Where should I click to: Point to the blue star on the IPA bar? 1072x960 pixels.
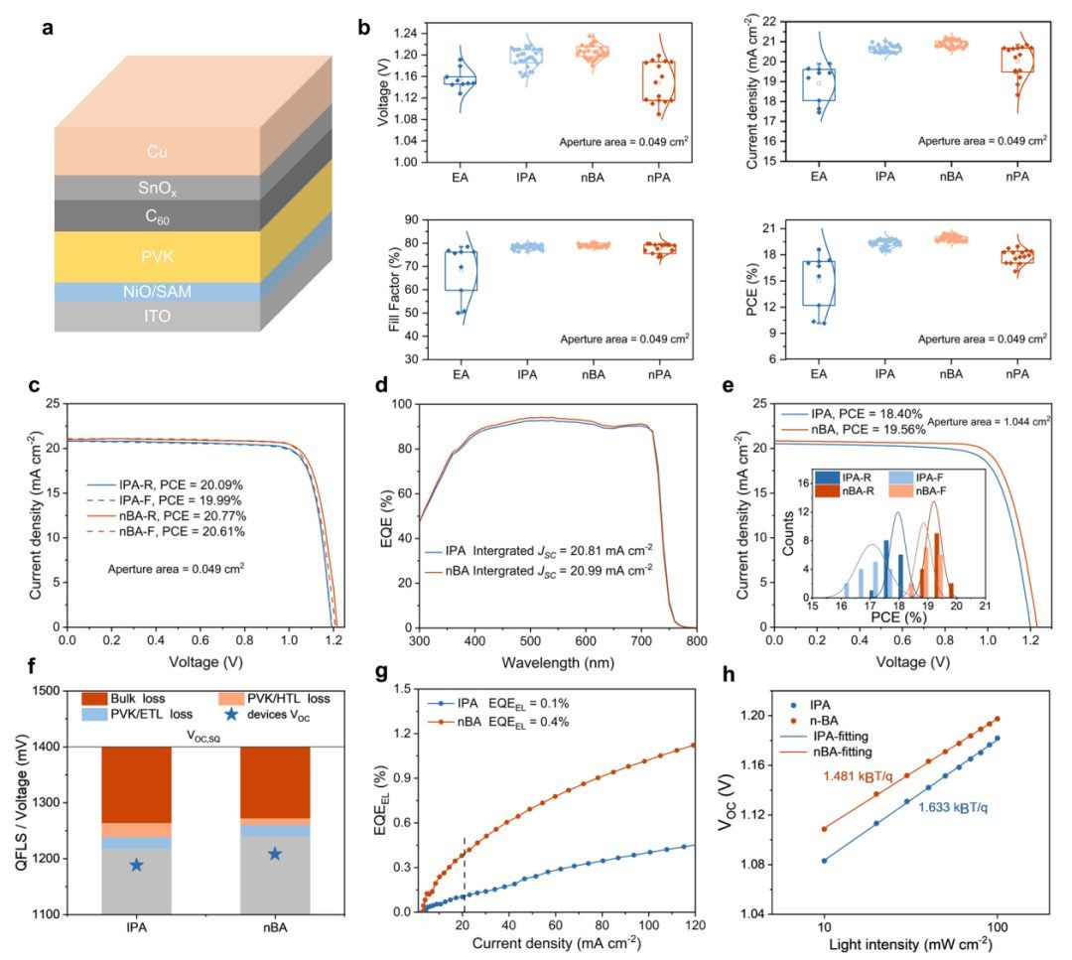(136, 865)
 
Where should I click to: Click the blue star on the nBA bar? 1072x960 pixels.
(275, 854)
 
